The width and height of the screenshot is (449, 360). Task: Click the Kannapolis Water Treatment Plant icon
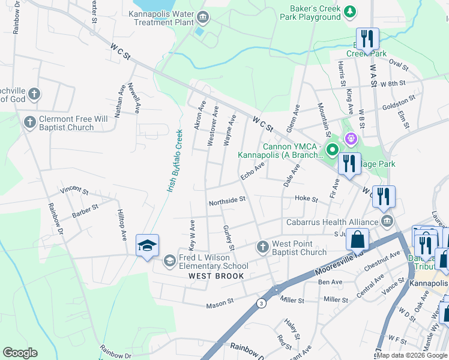[203, 17]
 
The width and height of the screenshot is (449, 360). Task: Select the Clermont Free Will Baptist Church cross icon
[29, 123]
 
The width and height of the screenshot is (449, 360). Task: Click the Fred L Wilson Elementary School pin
[170, 261]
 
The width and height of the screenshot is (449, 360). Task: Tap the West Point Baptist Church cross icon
[262, 247]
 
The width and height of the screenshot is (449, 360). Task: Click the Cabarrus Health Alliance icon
[387, 222]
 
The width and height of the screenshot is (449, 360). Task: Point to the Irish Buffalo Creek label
[175, 160]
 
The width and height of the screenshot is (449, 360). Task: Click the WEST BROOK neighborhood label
[216, 276]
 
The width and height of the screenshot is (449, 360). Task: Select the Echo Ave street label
[252, 172]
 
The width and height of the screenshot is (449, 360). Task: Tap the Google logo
[20, 353]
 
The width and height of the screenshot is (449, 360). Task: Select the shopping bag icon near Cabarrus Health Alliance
[357, 239]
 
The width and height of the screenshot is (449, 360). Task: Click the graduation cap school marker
[147, 245]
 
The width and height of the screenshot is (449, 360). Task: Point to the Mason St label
[219, 305]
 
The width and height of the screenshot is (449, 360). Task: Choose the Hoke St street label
[306, 199]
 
